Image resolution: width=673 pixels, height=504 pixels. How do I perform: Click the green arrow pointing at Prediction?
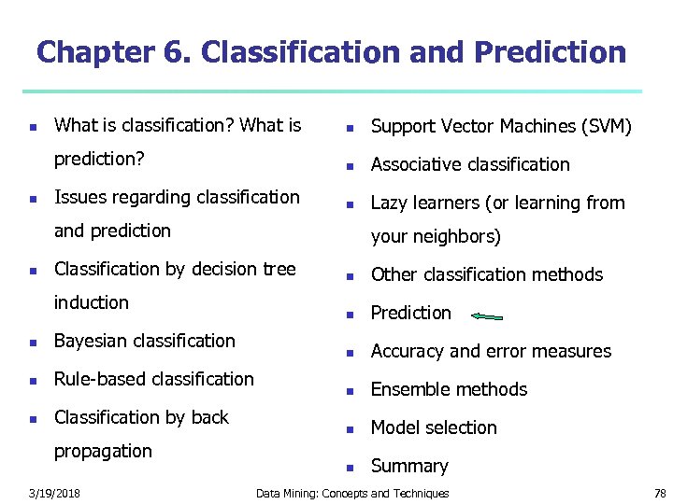coord(487,316)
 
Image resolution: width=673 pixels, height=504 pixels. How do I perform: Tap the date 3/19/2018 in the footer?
coord(53,493)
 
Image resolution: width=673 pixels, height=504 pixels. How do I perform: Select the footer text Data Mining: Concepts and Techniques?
coord(352,493)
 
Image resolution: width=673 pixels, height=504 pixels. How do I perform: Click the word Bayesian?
coord(93,341)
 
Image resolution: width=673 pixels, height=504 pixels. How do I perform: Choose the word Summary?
coord(409,466)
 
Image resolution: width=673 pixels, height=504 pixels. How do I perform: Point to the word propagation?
coord(103,451)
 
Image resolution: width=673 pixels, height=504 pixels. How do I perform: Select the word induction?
coord(92,302)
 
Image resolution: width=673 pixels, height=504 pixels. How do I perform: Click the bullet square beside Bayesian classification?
coord(32,343)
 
